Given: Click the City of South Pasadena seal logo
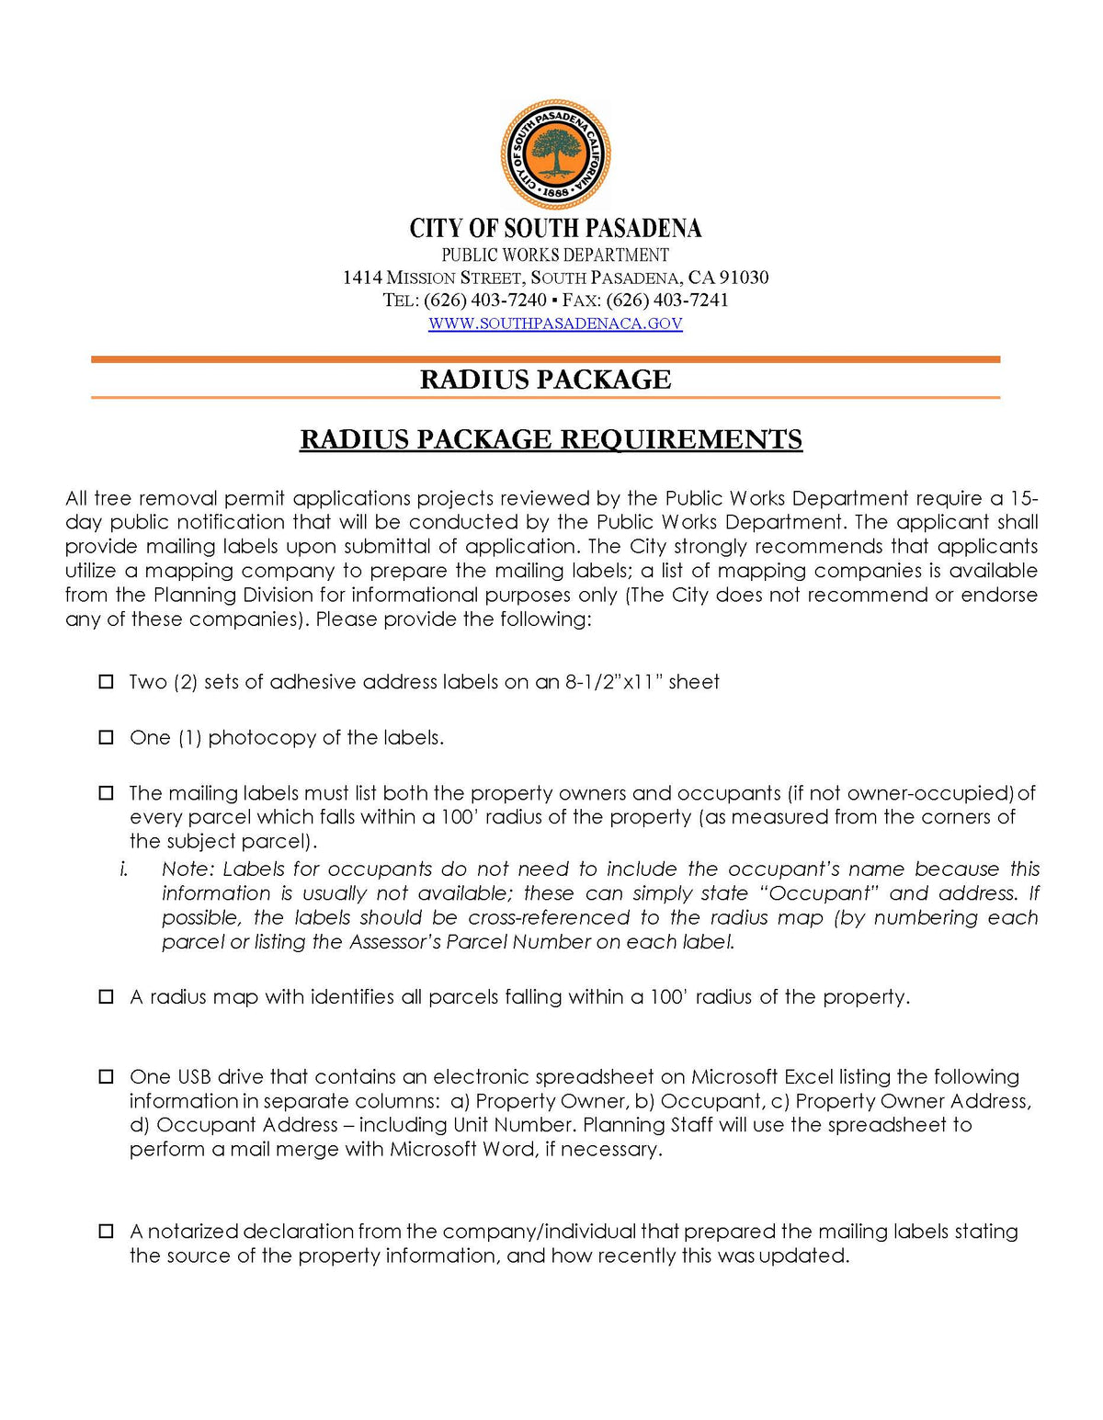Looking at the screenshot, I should (555, 154).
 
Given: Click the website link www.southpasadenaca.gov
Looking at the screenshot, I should (555, 324).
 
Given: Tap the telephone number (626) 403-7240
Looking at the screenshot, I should (484, 301).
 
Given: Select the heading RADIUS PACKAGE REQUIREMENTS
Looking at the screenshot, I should (551, 439).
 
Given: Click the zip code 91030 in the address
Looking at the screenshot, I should (744, 278).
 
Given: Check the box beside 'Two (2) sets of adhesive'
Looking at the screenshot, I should (107, 682).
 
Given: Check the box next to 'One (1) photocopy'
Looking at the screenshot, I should (107, 737).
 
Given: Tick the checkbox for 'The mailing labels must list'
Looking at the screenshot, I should (107, 792).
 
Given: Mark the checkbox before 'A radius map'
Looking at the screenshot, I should (107, 996).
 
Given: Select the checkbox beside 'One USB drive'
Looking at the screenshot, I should (107, 1076).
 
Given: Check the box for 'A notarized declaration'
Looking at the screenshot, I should (107, 1231).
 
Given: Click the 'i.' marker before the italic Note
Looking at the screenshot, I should (123, 869).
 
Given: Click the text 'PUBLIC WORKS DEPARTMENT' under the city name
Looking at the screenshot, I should (555, 255).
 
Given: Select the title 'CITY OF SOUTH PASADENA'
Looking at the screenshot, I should (555, 228).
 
